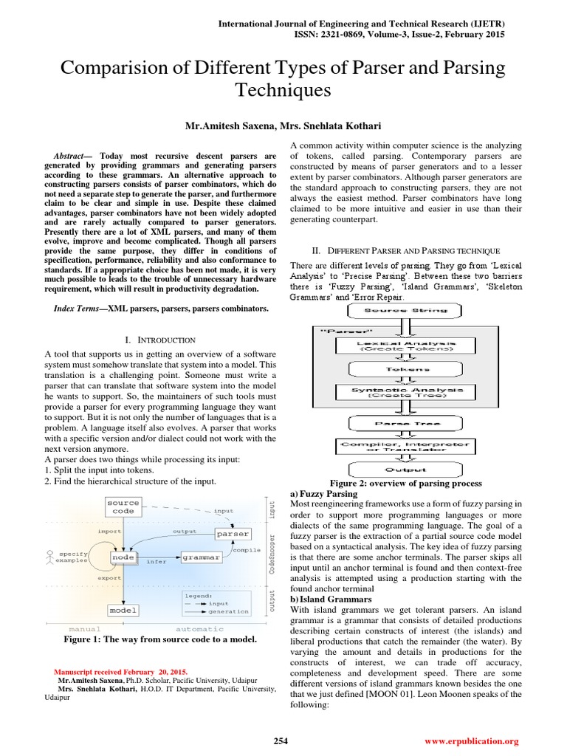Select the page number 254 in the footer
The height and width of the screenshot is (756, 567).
pos(281,740)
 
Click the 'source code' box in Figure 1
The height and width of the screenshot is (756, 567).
pos(123,506)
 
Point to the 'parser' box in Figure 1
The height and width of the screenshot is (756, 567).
pos(233,533)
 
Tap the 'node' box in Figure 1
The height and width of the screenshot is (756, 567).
pos(123,557)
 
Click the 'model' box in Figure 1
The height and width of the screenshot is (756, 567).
pos(123,610)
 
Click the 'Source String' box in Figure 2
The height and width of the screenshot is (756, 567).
pos(404,310)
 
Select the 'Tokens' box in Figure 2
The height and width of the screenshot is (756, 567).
pos(404,368)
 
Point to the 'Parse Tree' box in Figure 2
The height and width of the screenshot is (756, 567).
pos(404,424)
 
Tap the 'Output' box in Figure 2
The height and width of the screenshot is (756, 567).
pos(404,469)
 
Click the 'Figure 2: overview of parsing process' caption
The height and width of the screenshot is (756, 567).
pos(405,483)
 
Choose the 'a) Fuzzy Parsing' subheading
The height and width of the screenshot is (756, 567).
pos(324,493)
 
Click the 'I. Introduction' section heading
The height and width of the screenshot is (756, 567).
pos(160,340)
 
